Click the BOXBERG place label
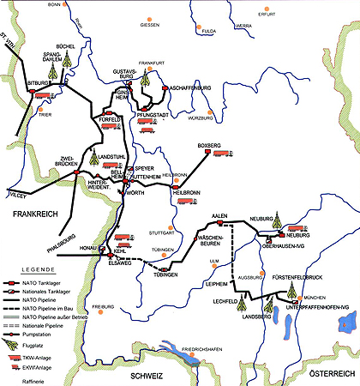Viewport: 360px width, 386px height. (x=210, y=145)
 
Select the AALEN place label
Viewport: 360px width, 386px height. (x=225, y=214)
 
